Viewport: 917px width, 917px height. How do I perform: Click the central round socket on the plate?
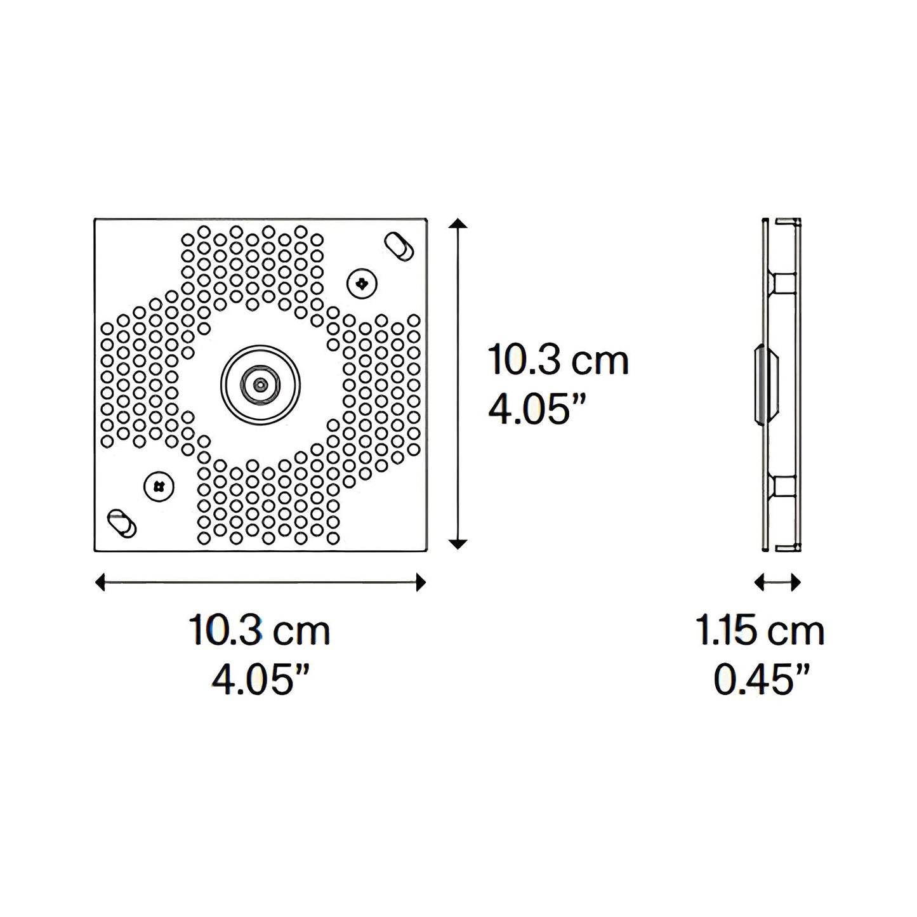point(260,384)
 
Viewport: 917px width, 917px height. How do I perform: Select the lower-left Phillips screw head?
point(159,487)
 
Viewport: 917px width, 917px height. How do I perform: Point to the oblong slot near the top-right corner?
point(400,246)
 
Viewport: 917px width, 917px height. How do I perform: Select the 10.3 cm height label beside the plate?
point(558,360)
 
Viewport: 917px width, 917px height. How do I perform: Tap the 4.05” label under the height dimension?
point(536,410)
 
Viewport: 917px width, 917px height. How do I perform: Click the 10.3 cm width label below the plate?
point(260,630)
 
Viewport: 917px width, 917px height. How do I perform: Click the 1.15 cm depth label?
point(760,631)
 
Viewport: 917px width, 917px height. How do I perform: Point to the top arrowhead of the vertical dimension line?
point(458,223)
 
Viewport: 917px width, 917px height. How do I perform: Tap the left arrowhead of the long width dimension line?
point(100,582)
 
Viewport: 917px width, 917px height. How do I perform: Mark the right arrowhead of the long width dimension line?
point(420,582)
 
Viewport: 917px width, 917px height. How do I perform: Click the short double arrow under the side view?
point(778,582)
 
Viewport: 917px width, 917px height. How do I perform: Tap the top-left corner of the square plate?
point(95,220)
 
